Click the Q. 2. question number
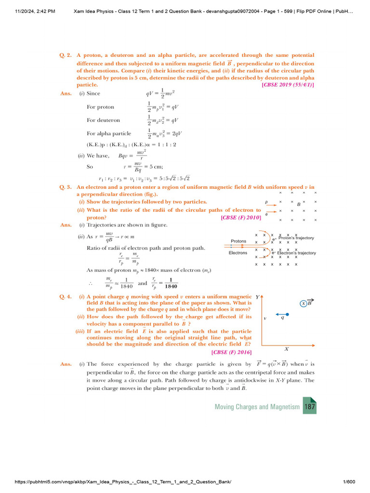[66, 55]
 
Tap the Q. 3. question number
[66, 187]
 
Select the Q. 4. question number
[66, 297]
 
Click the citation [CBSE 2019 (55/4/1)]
[288, 85]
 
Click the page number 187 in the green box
[310, 407]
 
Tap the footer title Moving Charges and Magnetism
[257, 407]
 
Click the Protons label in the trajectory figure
[238, 241]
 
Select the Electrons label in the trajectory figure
[238, 253]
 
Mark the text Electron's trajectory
[296, 253]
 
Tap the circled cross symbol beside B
[303, 303]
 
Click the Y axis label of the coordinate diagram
[258, 297]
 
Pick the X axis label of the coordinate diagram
[286, 349]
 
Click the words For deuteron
[103, 120]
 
